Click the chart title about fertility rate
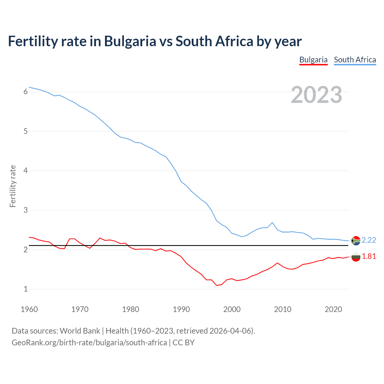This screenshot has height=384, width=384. tap(154, 41)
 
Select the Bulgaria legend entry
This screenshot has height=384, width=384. tap(313, 60)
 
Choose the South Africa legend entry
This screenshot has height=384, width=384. tap(355, 60)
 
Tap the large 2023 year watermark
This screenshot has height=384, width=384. tap(316, 95)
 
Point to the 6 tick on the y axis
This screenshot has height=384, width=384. tap(25, 92)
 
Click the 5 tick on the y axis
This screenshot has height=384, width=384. tap(25, 131)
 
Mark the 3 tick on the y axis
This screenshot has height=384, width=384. tap(25, 210)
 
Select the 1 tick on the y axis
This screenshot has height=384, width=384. tap(25, 289)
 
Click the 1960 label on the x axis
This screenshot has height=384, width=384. tap(29, 309)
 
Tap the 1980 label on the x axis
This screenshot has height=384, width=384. tap(130, 309)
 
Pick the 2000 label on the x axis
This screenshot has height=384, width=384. tap(232, 309)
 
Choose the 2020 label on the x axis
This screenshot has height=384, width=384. tap(333, 309)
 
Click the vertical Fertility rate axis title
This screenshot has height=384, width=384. tap(13, 186)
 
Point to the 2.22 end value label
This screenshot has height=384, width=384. tap(369, 240)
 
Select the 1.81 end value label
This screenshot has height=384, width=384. tap(369, 256)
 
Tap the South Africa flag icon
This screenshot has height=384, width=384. tap(356, 241)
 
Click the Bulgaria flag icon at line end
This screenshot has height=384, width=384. tap(356, 257)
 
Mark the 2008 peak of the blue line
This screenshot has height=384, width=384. tap(272, 223)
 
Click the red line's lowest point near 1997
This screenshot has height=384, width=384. tap(217, 285)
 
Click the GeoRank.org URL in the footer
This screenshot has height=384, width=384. tap(89, 343)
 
